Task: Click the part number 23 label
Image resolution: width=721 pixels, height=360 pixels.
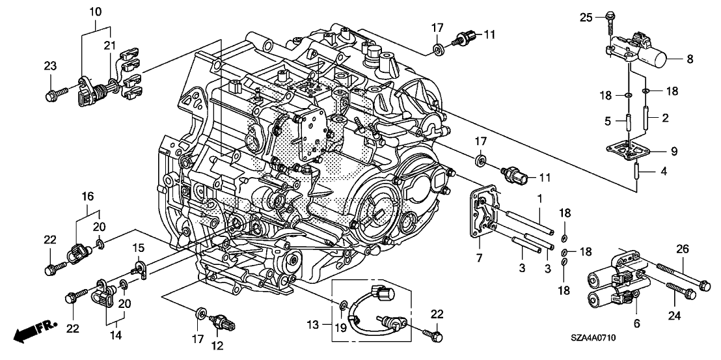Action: coord(50,66)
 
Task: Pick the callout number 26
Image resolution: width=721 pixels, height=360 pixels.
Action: coord(683,250)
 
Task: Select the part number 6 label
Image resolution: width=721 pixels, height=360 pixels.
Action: coord(637,324)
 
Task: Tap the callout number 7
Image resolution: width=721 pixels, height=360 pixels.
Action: coord(478,258)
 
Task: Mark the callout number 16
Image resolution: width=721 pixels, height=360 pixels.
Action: coord(88,197)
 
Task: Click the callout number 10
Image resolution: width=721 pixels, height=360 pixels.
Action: coord(96,11)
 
